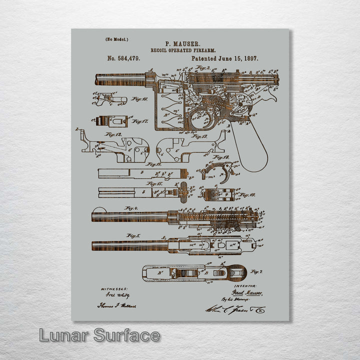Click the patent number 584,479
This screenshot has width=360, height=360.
click(x=123, y=58)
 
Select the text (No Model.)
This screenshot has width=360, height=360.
click(x=116, y=39)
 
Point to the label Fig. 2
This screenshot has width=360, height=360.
click(x=202, y=67)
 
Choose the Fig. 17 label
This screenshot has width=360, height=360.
click(x=139, y=121)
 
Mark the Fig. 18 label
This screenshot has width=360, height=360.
click(x=221, y=156)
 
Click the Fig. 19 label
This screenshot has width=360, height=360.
click(x=246, y=195)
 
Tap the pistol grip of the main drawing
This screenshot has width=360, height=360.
click(x=250, y=145)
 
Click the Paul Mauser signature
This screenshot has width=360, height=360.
click(x=246, y=293)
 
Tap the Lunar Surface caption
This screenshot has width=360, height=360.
click(x=99, y=335)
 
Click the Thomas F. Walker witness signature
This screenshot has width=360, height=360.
click(x=116, y=305)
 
